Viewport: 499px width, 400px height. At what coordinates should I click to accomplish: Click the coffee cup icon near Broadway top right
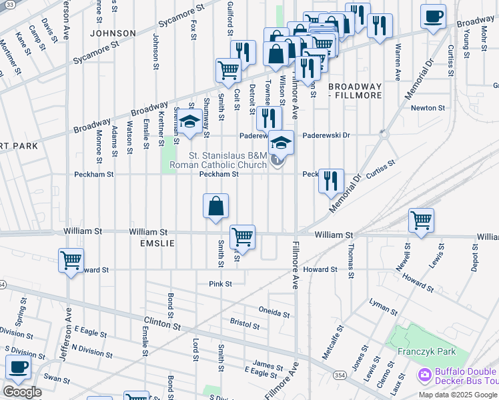click(x=433, y=16)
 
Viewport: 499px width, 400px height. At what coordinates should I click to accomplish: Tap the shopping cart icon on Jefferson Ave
click(x=71, y=261)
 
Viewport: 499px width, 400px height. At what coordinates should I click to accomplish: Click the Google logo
click(x=21, y=392)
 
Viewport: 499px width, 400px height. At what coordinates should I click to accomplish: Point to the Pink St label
click(x=219, y=284)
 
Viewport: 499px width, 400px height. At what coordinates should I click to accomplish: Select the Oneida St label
click(x=274, y=313)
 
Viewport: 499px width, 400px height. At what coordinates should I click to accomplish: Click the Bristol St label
click(x=244, y=325)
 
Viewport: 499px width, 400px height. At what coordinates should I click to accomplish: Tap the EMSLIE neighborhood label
click(x=157, y=244)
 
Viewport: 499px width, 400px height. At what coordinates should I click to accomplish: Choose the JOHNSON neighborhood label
click(x=113, y=33)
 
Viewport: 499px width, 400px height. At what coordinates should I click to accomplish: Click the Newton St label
click(x=428, y=108)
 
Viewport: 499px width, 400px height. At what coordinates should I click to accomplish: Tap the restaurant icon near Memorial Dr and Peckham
click(x=331, y=181)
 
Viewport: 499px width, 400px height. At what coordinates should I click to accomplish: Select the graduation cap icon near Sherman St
click(x=190, y=121)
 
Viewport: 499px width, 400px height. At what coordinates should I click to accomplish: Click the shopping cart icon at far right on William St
click(x=421, y=220)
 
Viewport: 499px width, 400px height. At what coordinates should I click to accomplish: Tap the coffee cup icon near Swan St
click(x=18, y=367)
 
